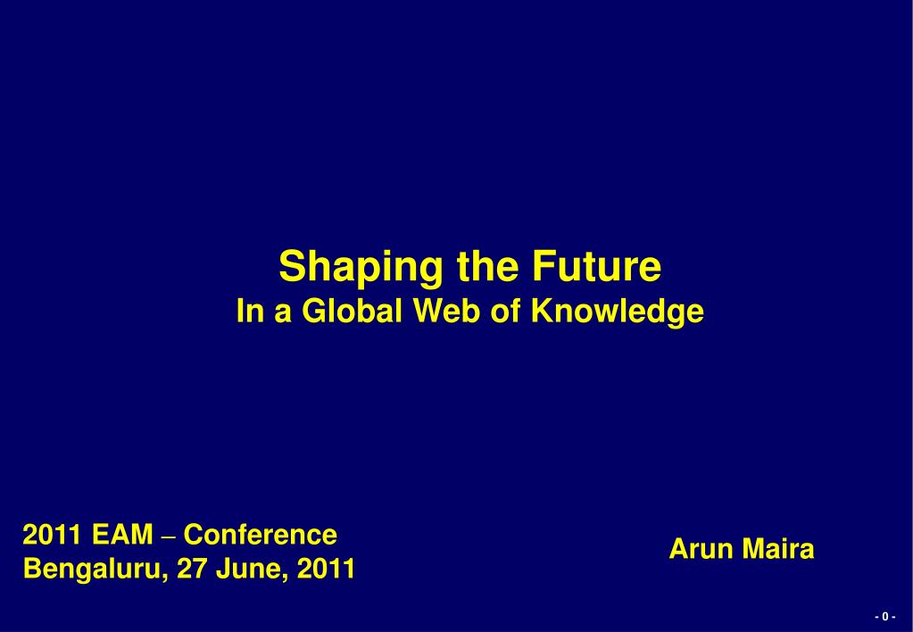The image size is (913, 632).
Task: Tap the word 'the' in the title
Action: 487,266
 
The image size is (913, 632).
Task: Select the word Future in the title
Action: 597,266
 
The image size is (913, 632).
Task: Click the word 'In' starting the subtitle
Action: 249,311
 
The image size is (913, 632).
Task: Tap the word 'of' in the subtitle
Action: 506,311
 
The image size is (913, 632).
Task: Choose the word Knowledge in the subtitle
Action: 618,312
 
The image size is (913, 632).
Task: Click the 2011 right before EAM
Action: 51,535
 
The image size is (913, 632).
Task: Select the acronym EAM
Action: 122,535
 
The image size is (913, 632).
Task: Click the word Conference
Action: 261,535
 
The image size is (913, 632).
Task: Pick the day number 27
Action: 192,570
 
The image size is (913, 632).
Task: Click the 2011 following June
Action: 326,570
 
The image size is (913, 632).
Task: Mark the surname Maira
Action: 778,549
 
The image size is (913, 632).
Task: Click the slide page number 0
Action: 885,616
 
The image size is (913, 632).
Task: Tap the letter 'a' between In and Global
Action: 282,313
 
